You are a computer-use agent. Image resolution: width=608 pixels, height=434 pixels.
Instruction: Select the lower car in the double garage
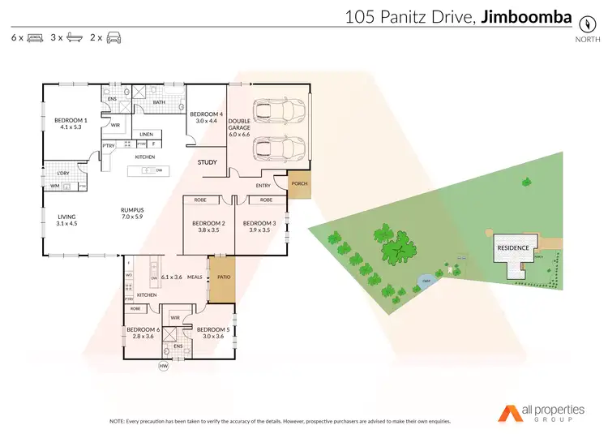273,148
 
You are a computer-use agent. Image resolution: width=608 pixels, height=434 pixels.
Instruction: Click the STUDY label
207,162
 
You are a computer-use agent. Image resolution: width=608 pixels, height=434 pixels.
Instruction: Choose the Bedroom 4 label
206,114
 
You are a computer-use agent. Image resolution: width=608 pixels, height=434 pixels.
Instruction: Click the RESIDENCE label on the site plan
513,247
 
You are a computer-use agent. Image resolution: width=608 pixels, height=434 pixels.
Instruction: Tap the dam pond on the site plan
426,282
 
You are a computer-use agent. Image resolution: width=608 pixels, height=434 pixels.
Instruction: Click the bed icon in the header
36,37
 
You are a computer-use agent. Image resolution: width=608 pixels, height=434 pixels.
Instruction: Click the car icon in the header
113,37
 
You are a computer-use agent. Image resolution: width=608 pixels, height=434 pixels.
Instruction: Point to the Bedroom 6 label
142,329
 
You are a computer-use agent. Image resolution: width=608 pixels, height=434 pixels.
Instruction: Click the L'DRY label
62,174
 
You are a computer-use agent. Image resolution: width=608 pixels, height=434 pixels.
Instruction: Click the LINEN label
146,135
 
